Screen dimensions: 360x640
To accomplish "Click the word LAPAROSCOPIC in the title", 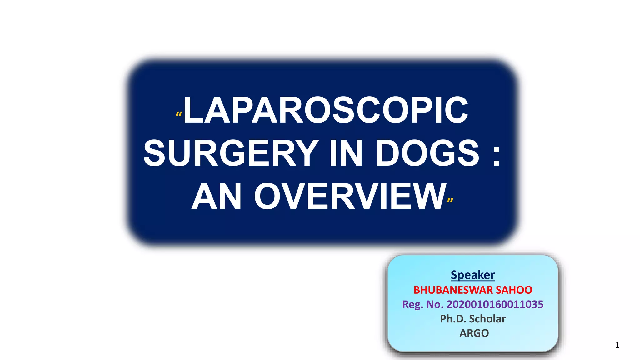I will (x=326, y=110).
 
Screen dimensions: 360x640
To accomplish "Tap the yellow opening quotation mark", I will (x=179, y=115).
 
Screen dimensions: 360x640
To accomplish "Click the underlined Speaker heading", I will (x=472, y=275).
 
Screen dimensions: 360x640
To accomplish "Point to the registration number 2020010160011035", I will (x=495, y=304).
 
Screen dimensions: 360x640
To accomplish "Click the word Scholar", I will (x=487, y=319).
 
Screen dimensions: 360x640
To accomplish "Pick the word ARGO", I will (x=474, y=333).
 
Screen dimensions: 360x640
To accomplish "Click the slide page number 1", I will (x=617, y=345).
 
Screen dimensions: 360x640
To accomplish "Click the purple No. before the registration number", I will (x=435, y=304).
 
